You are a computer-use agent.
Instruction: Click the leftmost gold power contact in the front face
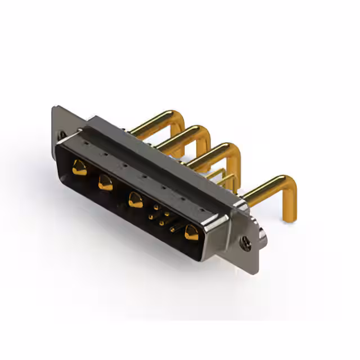(79, 167)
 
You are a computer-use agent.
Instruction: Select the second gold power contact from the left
(105, 182)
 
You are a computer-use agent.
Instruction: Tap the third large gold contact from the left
(135, 200)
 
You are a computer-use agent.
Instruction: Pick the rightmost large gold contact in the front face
(192, 232)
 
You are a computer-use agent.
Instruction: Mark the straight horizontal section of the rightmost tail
(264, 190)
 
